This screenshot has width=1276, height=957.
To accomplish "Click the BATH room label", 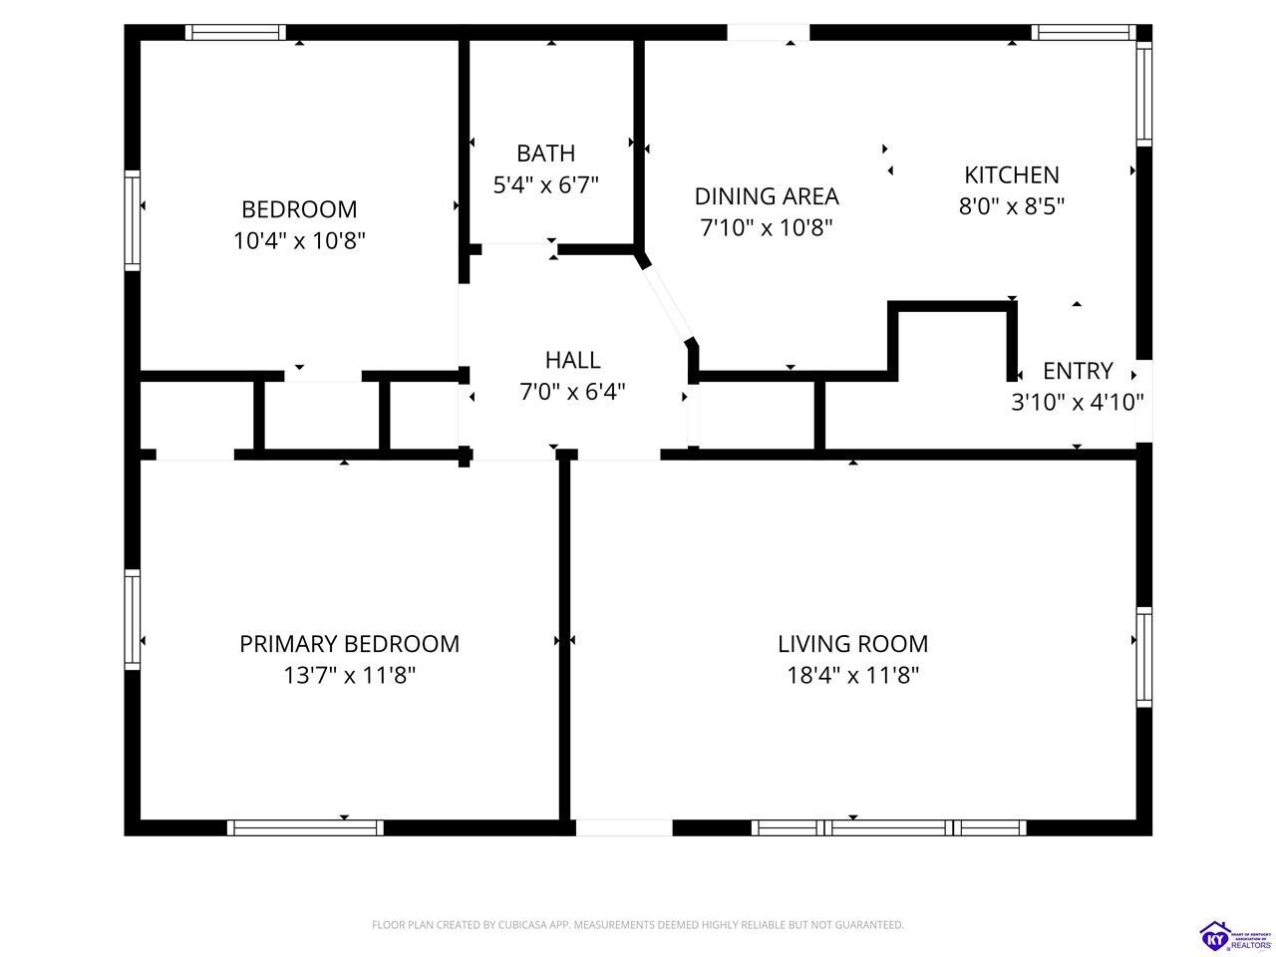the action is tap(546, 154).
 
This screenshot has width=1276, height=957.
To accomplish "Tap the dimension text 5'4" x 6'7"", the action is tap(546, 185).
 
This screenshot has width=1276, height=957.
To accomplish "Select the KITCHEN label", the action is tap(1012, 174).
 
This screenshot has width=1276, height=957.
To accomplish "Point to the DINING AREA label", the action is tap(767, 196).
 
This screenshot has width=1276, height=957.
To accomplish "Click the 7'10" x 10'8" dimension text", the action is tap(767, 227).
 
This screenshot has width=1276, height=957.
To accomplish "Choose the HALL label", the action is tap(572, 360).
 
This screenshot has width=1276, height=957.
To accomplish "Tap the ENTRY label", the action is tap(1078, 371).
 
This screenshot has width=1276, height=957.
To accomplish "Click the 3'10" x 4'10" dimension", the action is tap(1078, 402).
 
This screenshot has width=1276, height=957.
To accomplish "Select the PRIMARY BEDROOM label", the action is tap(349, 644).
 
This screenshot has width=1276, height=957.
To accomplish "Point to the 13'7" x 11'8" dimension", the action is tap(349, 675).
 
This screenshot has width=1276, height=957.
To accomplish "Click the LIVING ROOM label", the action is tap(852, 644).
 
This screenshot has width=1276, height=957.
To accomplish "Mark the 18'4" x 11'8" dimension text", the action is tap(852, 675).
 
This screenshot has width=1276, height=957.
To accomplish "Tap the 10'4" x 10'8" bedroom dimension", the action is tap(299, 240).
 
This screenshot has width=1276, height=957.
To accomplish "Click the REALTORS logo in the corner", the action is tap(1236, 937).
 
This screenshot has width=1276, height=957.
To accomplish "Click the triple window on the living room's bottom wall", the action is tap(889, 827).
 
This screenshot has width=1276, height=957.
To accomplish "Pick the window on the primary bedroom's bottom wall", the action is tap(305, 827).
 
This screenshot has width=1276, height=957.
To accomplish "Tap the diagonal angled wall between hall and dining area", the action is tap(668, 302).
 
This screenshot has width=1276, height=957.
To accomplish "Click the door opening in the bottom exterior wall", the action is tap(624, 827).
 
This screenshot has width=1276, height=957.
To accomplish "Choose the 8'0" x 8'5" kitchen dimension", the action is tap(1012, 206).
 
